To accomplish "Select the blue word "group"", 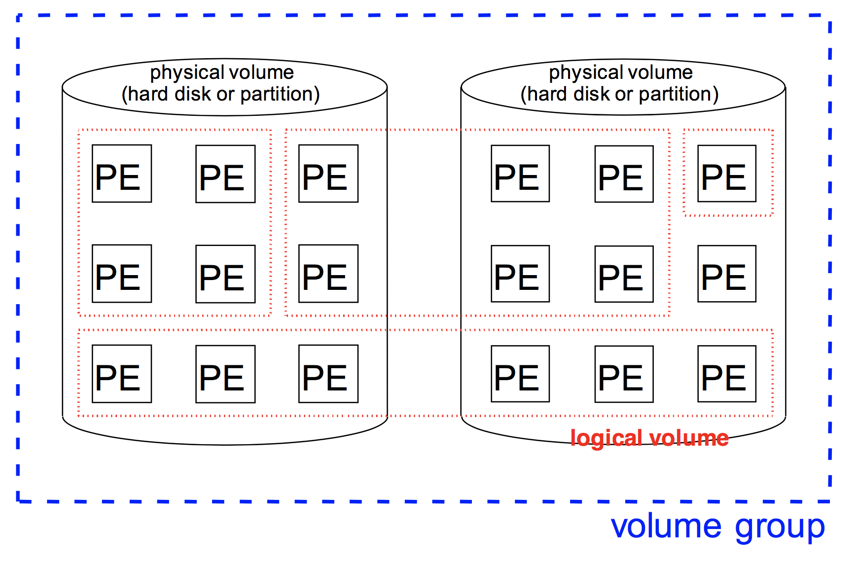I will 780,528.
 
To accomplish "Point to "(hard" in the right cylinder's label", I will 544,94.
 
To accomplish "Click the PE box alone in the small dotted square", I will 726,174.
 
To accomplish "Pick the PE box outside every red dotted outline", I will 726,274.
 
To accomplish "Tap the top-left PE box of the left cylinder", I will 122,174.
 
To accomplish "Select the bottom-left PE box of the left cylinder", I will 122,374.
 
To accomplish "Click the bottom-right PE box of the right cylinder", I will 726,374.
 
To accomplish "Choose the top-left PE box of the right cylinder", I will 520,174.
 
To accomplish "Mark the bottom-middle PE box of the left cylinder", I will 225,374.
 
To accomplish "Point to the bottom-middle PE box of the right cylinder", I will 624,374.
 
